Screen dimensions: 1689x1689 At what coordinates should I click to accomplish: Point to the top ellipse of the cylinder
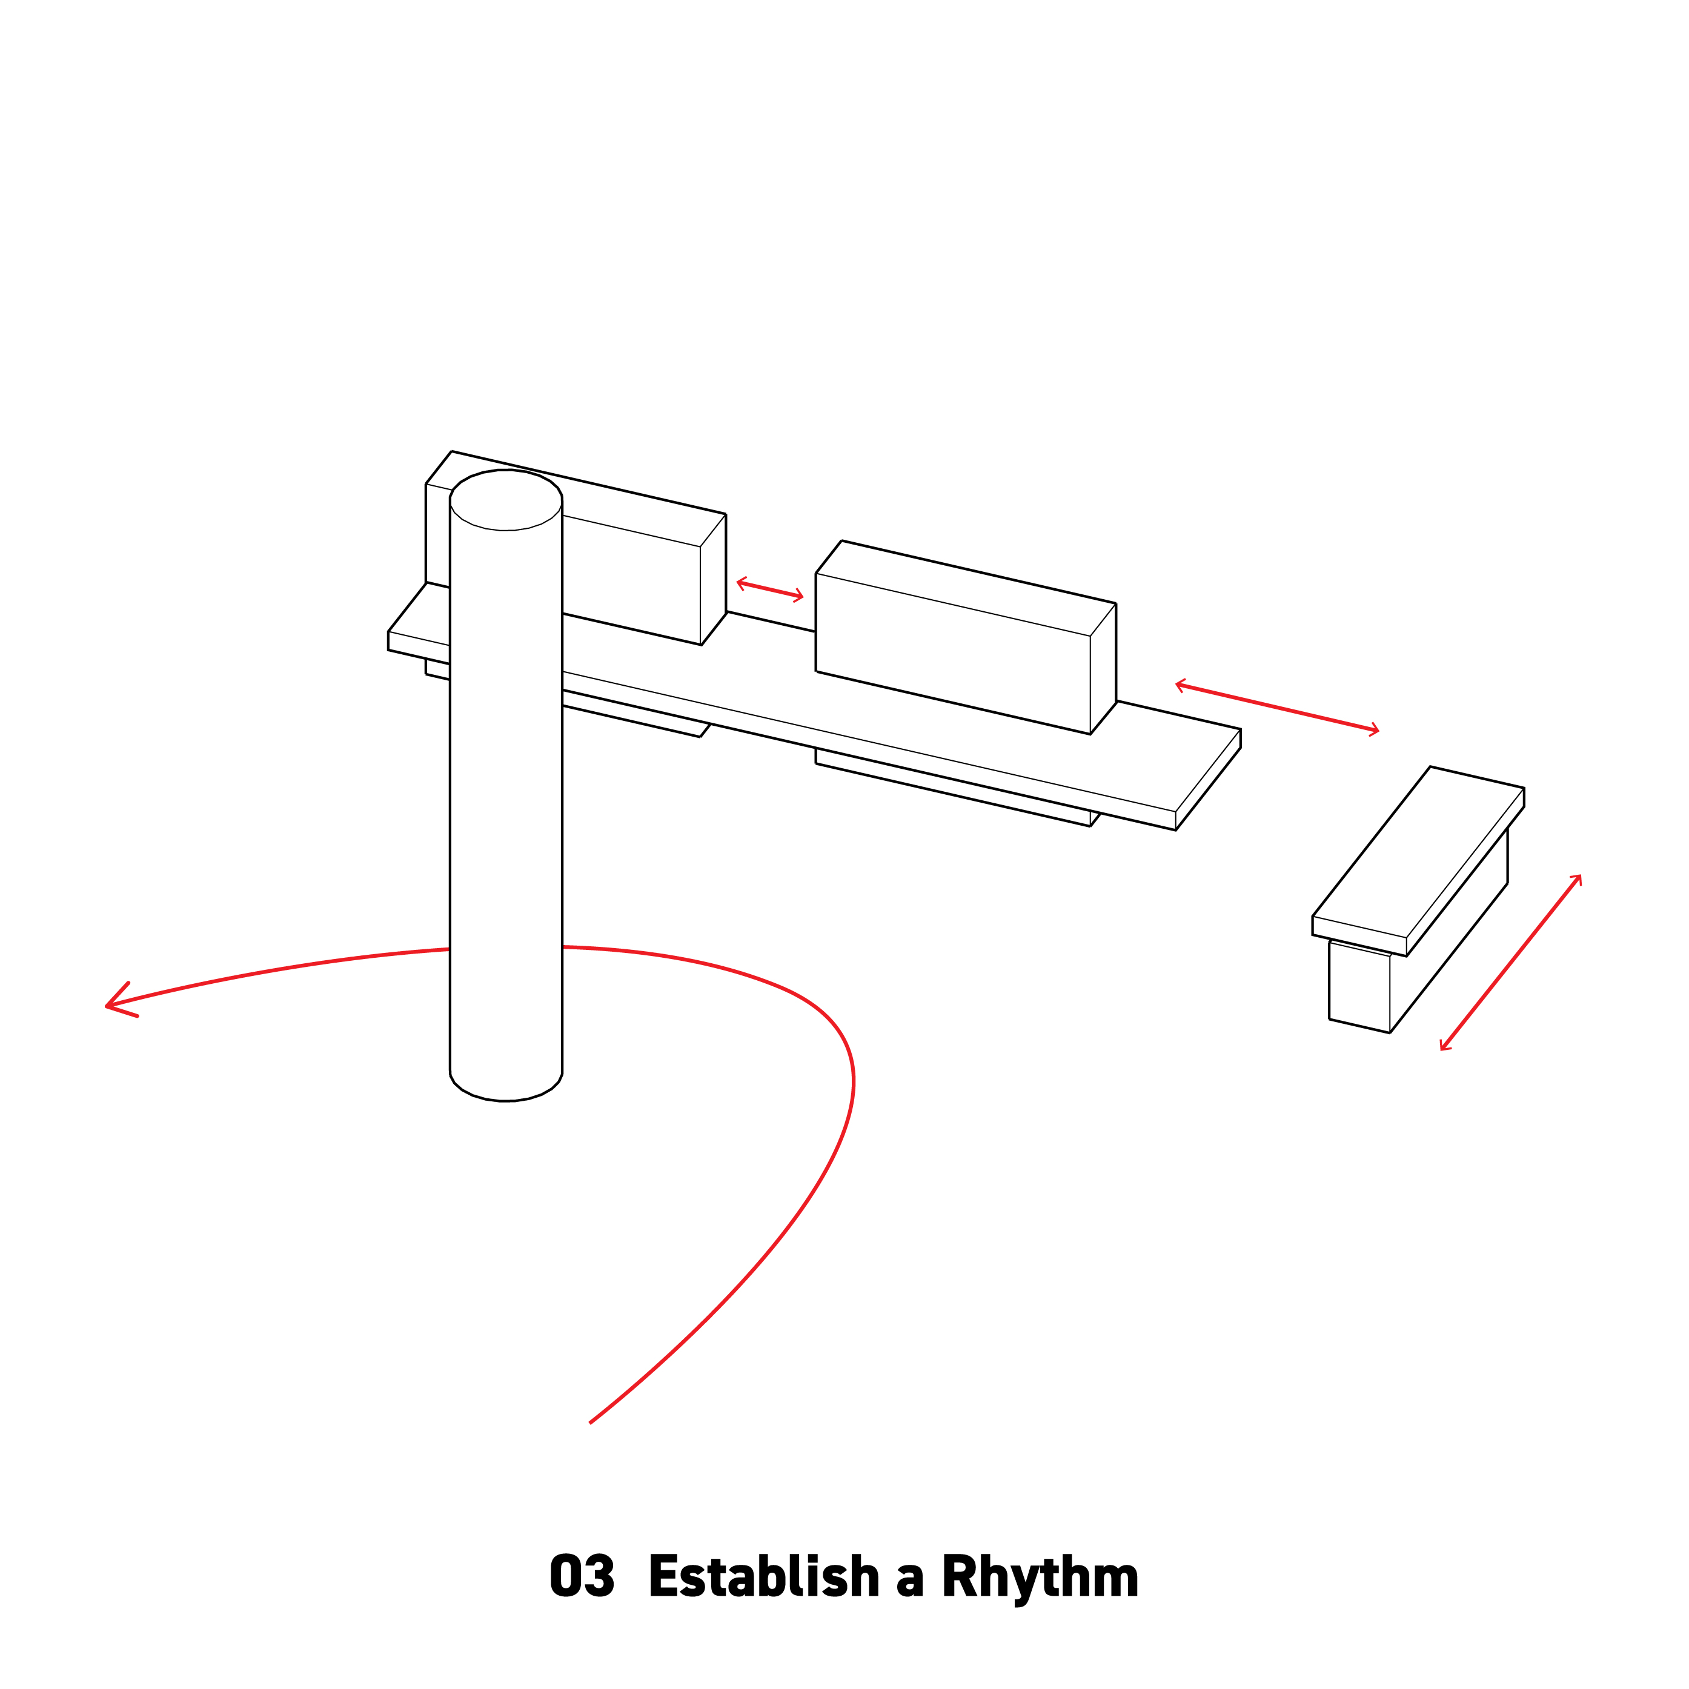tap(505, 500)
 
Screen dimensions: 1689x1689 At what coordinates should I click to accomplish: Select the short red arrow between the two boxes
tap(769, 589)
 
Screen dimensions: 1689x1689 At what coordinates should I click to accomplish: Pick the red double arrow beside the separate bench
tap(1511, 961)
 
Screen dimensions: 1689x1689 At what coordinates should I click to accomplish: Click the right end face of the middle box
tap(1103, 669)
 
